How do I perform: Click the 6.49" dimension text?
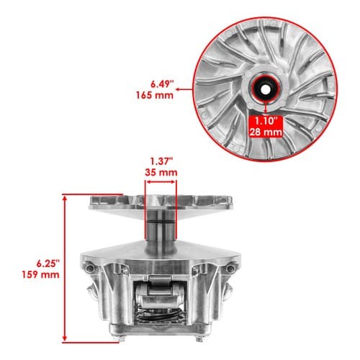162,84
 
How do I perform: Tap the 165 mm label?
155,95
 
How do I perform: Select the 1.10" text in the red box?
266,121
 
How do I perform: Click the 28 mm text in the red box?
266,132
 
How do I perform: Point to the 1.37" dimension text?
162,161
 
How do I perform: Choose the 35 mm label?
161,172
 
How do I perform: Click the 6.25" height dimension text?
48,264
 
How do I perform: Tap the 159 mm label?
40,274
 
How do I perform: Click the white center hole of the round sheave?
265,89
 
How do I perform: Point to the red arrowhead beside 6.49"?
178,89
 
